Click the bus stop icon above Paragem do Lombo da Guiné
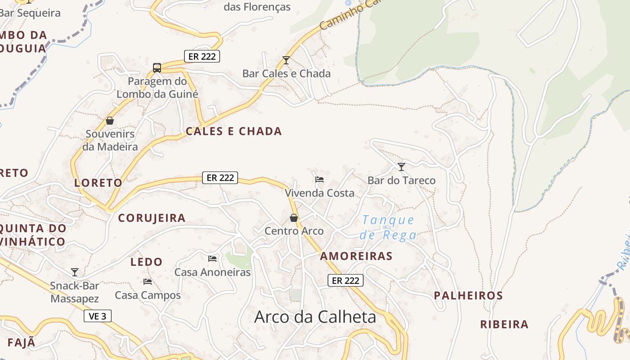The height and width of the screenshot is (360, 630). tap(157, 68)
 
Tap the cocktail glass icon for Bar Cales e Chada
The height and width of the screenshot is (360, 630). tap(286, 60)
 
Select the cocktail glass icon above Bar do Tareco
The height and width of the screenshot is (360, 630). tap(401, 167)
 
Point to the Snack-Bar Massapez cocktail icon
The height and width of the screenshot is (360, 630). tap(75, 272)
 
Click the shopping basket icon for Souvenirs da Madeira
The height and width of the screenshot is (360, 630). tap(110, 121)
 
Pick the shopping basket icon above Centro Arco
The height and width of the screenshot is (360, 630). tap(294, 218)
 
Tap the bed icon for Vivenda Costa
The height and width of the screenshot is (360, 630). tap(319, 180)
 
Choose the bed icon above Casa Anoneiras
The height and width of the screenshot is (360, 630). tap(212, 259)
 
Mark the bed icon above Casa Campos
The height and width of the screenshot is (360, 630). tap(148, 282)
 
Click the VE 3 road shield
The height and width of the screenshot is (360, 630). tap(98, 316)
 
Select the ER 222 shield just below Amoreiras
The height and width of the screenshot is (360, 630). tap(345, 280)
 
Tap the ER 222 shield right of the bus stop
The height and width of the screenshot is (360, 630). tap(202, 56)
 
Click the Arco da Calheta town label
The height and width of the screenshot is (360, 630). tap(315, 317)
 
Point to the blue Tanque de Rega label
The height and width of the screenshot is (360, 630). tap(388, 227)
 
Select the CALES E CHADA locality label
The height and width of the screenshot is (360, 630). tap(234, 131)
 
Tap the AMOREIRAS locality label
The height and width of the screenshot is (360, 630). tap(356, 256)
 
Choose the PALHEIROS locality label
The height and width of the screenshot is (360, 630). tap(468, 296)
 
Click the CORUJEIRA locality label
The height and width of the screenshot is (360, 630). tap(152, 218)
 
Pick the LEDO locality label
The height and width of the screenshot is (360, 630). tap(146, 262)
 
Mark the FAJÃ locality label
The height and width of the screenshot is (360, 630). tap(21, 342)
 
